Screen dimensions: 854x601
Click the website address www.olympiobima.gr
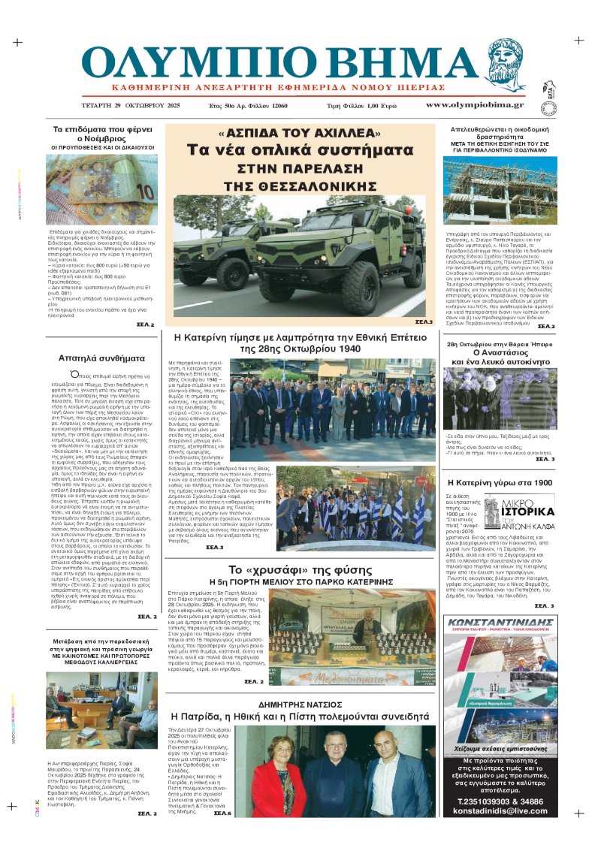pyautogui.click(x=475, y=106)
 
